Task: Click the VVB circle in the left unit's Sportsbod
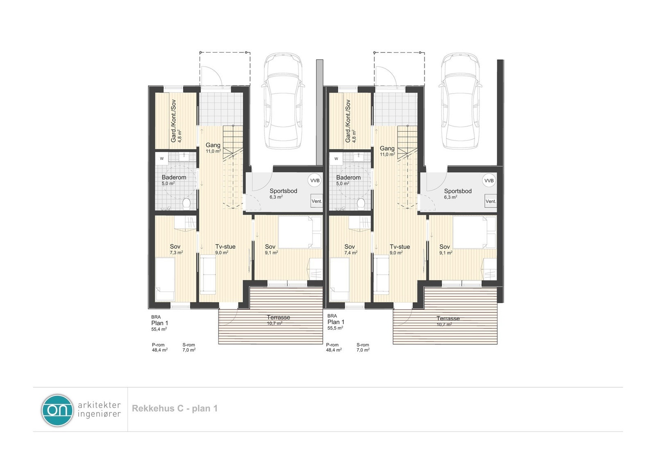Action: click(315, 180)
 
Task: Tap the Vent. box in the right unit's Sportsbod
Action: click(491, 201)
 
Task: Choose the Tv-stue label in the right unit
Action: click(400, 247)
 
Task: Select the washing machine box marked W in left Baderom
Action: click(162, 159)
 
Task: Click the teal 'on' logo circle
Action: click(57, 410)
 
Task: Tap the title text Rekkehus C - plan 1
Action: click(175, 409)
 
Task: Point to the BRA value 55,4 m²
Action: click(159, 329)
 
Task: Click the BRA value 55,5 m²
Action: click(335, 328)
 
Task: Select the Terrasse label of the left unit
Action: click(278, 317)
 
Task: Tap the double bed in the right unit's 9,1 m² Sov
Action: click(469, 232)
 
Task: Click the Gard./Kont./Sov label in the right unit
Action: click(348, 121)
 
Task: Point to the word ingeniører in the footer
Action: click(99, 414)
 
